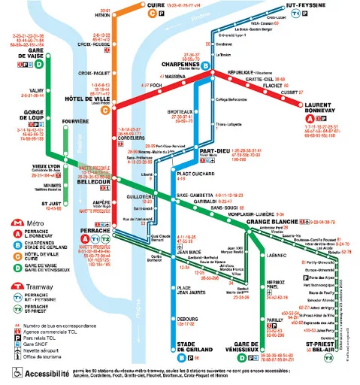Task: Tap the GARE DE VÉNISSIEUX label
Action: pyautogui.click(x=241, y=348)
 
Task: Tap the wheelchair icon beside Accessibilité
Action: pyautogui.click(x=12, y=373)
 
